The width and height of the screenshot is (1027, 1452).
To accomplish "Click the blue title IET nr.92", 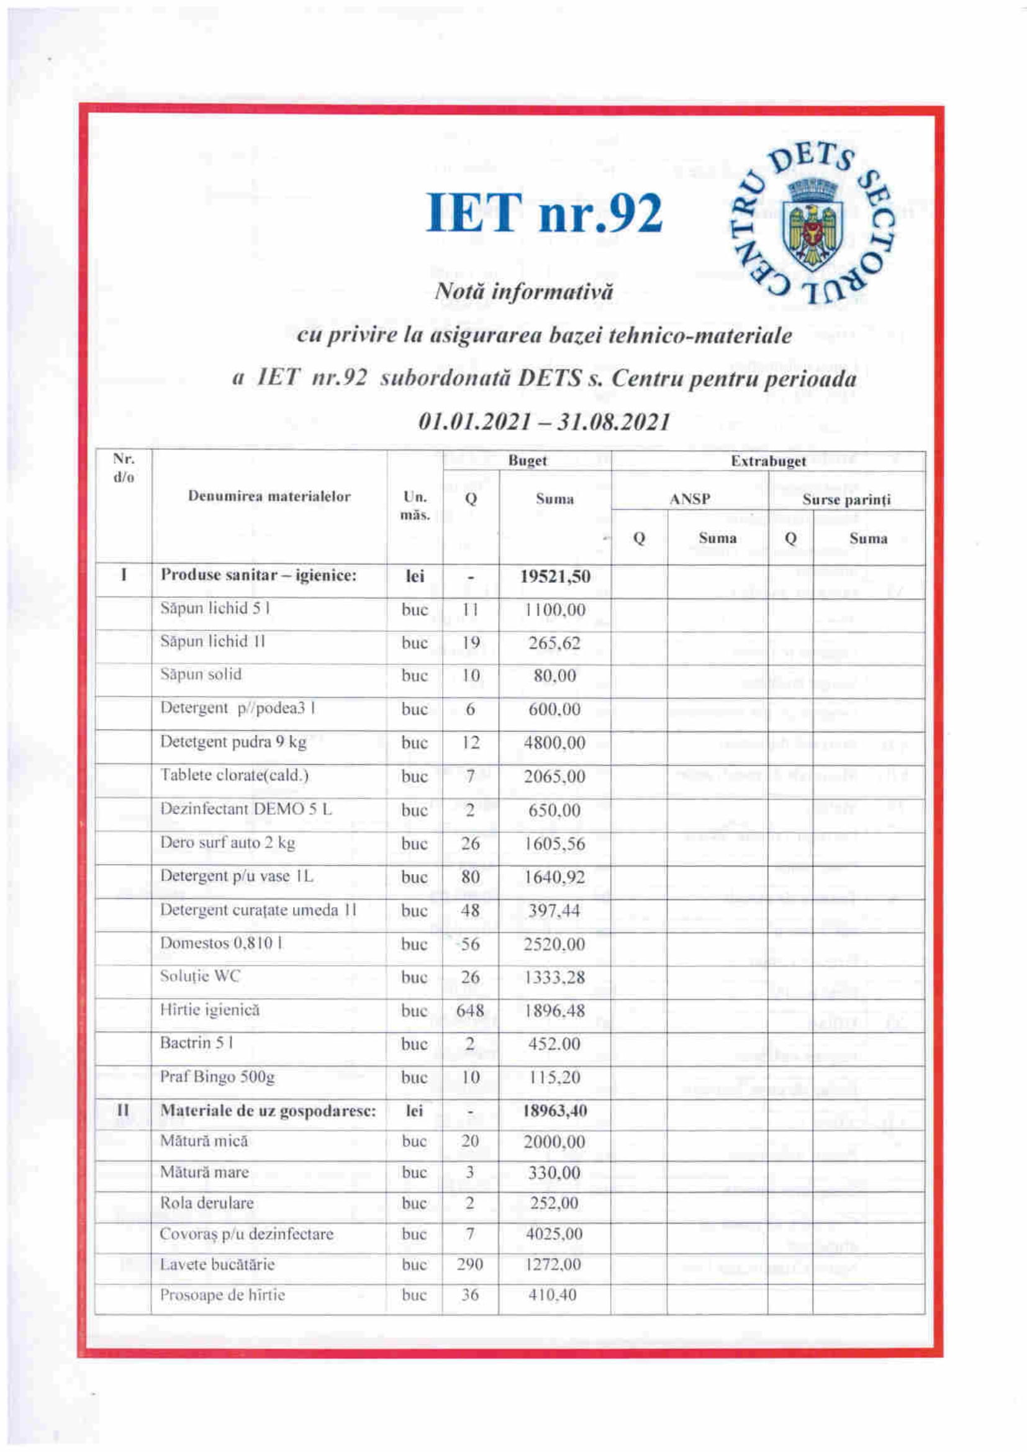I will click(544, 213).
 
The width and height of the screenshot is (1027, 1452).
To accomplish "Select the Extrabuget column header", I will click(767, 461).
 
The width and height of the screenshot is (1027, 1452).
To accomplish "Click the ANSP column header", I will click(690, 499).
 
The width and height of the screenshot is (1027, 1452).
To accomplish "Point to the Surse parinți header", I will click(846, 500).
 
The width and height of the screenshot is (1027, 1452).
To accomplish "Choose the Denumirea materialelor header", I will click(269, 497).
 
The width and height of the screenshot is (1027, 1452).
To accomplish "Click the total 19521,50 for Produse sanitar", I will click(555, 576).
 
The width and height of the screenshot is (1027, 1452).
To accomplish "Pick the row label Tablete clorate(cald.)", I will click(234, 775).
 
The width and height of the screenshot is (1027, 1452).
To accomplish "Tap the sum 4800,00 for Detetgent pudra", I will click(554, 742).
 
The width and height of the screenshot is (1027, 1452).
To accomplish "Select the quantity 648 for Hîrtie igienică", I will click(470, 1011).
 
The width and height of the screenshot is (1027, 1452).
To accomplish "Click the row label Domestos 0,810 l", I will click(221, 943).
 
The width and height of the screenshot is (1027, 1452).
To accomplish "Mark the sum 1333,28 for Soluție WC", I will click(554, 977).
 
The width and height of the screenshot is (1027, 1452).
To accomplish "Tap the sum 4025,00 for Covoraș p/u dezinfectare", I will click(554, 1234).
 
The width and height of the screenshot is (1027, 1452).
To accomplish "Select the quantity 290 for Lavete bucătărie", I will click(470, 1265).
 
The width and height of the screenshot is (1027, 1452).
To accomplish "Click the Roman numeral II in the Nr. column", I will click(124, 1111).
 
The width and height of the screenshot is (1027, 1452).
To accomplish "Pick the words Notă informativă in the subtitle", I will click(524, 292).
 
